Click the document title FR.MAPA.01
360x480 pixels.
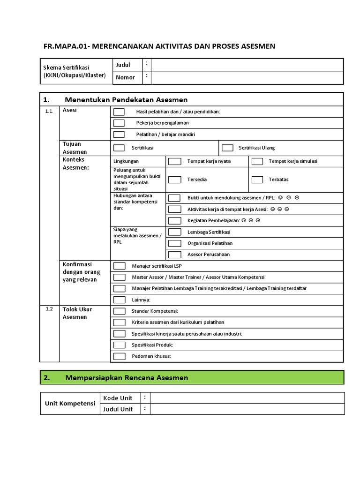pyautogui.click(x=159, y=46)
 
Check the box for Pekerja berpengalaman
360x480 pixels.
pyautogui.click(x=119, y=123)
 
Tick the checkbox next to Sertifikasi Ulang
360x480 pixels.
pyautogui.click(x=227, y=148)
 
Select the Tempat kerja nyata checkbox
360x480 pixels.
pyautogui.click(x=174, y=161)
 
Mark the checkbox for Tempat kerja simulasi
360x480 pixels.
pyautogui.click(x=257, y=161)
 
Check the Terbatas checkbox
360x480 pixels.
pyautogui.click(x=257, y=180)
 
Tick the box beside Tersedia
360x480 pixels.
pyautogui.click(x=174, y=180)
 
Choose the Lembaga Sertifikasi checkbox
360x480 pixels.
pyautogui.click(x=174, y=232)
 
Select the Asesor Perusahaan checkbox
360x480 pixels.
pyautogui.click(x=174, y=255)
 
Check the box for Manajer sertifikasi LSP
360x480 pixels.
pyautogui.click(x=119, y=266)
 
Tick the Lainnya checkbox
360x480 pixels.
pyautogui.click(x=119, y=300)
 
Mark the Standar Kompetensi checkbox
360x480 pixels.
pyautogui.click(x=119, y=311)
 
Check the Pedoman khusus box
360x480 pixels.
pyautogui.click(x=119, y=356)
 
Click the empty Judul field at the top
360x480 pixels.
pyautogui.click(x=247, y=65)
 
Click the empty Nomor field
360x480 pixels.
pyautogui.click(x=247, y=77)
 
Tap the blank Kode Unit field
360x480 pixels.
pyautogui.click(x=247, y=398)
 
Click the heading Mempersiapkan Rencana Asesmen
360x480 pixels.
pyautogui.click(x=127, y=377)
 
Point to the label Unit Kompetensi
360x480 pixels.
pyautogui.click(x=70, y=404)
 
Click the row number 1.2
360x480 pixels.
pyautogui.click(x=50, y=309)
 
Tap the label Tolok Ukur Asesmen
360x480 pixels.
pyautogui.click(x=78, y=313)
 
